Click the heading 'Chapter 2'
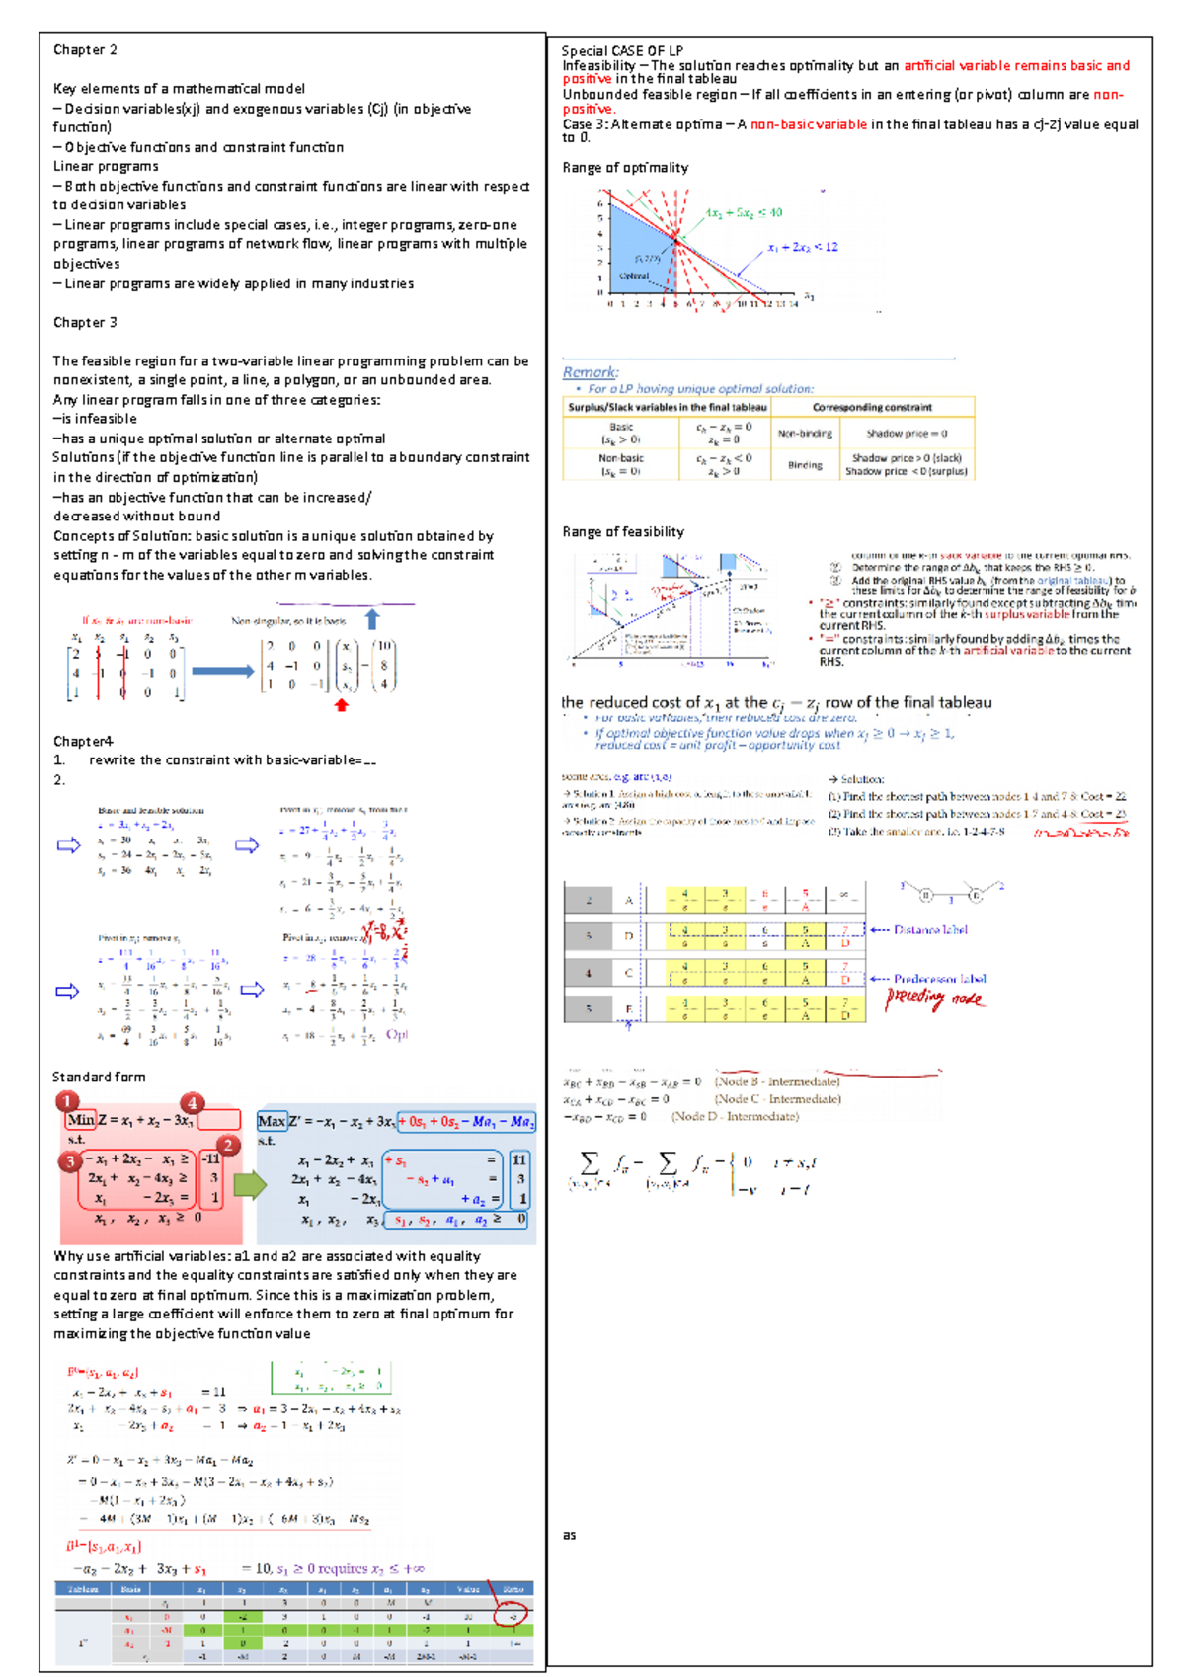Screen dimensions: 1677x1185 85,50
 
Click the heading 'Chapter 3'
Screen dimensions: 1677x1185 85,323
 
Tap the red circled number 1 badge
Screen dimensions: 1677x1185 67,1101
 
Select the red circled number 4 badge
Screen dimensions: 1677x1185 192,1103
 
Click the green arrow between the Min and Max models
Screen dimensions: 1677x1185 249,1184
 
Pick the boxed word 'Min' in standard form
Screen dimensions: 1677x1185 81,1120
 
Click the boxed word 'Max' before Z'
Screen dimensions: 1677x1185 271,1121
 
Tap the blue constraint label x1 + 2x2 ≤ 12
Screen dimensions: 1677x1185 802,247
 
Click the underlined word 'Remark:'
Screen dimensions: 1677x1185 591,372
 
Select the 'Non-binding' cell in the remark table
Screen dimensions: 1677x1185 804,434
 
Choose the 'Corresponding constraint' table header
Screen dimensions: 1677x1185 872,407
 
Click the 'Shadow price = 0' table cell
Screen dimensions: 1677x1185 907,434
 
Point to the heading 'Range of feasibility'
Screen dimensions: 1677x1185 622,532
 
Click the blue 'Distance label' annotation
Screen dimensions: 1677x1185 929,930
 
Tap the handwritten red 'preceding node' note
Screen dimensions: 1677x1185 934,998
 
